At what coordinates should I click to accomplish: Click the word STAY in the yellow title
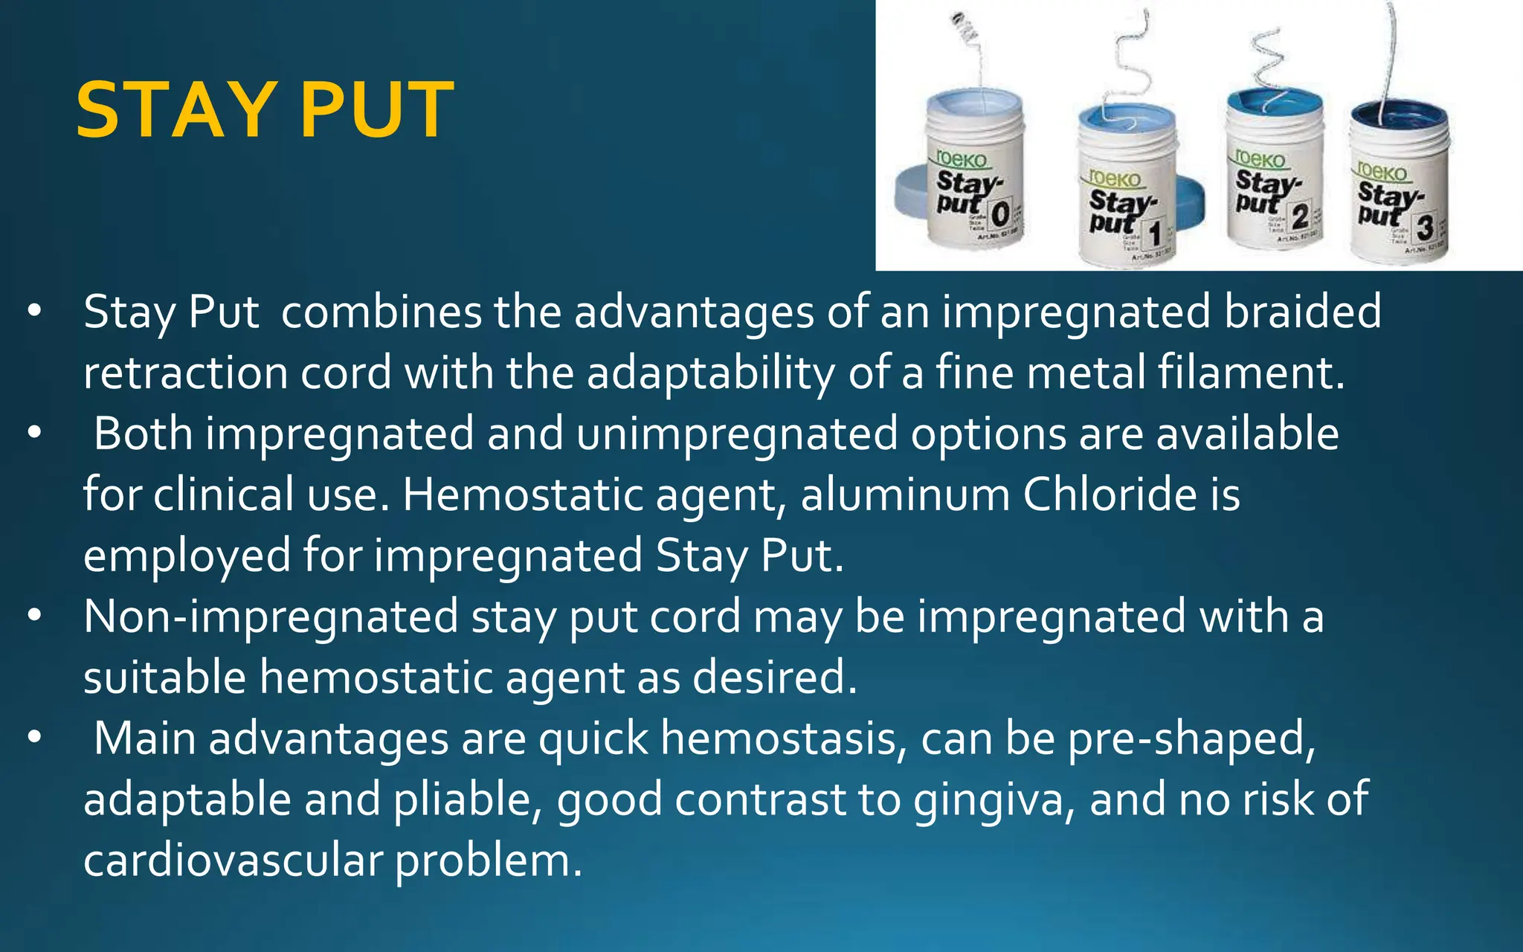[176, 111]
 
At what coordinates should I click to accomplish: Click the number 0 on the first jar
[1000, 215]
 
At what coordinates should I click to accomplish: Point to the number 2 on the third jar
[1300, 216]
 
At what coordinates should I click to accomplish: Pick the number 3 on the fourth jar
[1424, 227]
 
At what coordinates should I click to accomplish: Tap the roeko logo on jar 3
[1382, 171]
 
